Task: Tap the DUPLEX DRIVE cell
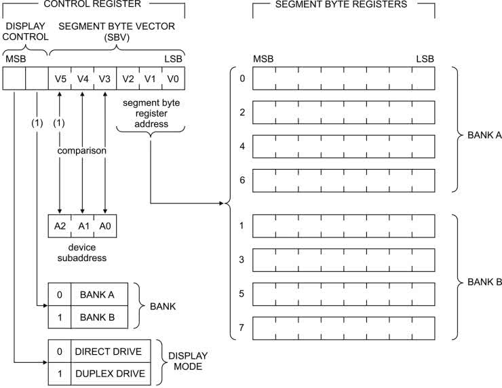pos(109,373)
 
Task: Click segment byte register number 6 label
pos(242,180)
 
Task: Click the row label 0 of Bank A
pos(242,78)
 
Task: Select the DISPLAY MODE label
pos(188,362)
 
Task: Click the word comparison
pos(82,151)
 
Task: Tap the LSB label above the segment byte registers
pos(425,60)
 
